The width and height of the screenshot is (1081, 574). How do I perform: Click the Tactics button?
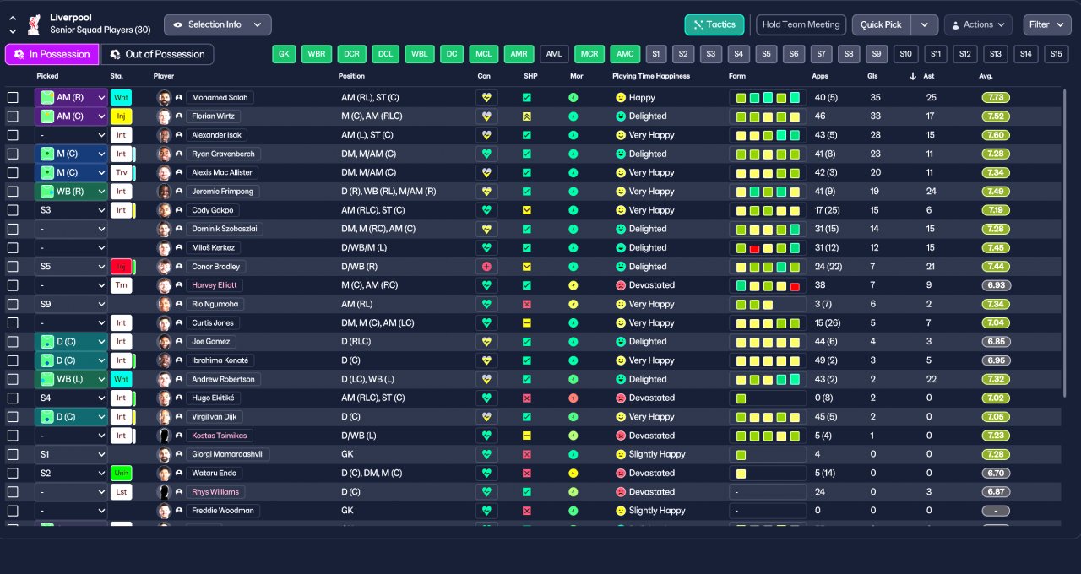714,24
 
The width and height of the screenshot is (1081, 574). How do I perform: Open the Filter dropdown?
1047,24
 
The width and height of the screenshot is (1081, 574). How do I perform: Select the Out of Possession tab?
157,54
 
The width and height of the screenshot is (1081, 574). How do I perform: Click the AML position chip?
554,54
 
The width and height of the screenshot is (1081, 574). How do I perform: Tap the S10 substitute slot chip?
906,54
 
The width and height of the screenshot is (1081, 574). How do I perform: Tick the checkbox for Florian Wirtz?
13,116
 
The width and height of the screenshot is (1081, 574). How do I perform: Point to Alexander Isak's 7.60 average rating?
997,135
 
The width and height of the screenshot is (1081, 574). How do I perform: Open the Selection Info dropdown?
218,24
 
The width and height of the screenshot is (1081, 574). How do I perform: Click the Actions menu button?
978,24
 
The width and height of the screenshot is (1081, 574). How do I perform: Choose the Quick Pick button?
881,24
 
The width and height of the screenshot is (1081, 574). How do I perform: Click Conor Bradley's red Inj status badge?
122,267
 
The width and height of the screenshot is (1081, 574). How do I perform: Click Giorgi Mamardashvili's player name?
228,454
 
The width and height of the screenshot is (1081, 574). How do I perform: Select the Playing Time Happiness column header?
651,76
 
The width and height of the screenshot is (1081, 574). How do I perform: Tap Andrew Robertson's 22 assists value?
931,379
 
